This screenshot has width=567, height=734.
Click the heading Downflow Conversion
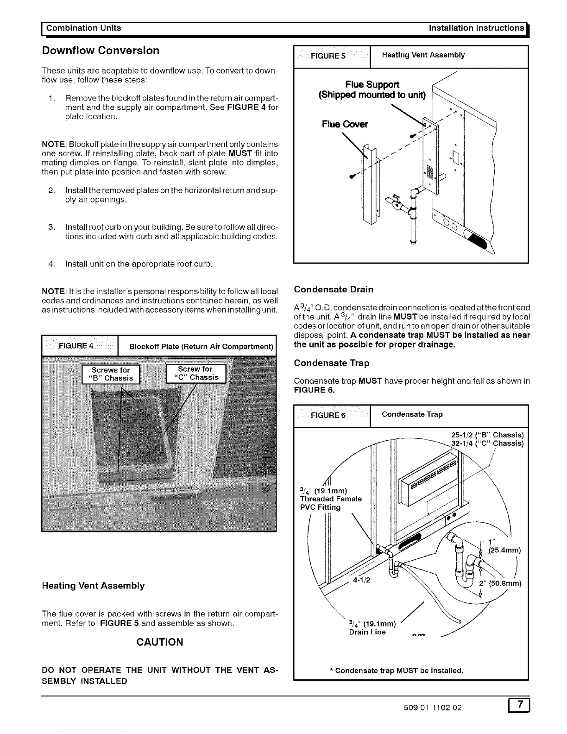pos(101,51)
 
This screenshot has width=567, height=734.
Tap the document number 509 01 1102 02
pos(433,708)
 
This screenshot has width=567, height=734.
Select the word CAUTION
pos(160,642)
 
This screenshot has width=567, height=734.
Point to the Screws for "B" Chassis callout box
pos(112,374)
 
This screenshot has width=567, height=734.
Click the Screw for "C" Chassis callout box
pos(195,373)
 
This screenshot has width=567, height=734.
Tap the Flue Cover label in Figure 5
pos(345,124)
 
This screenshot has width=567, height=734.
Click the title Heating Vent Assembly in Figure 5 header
pos(423,55)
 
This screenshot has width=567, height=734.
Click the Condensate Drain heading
pos(334,290)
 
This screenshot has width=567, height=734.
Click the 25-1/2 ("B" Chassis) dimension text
pos(487,435)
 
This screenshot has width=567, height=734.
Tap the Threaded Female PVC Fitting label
pos(330,499)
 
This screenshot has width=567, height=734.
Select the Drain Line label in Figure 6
pos(367,632)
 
